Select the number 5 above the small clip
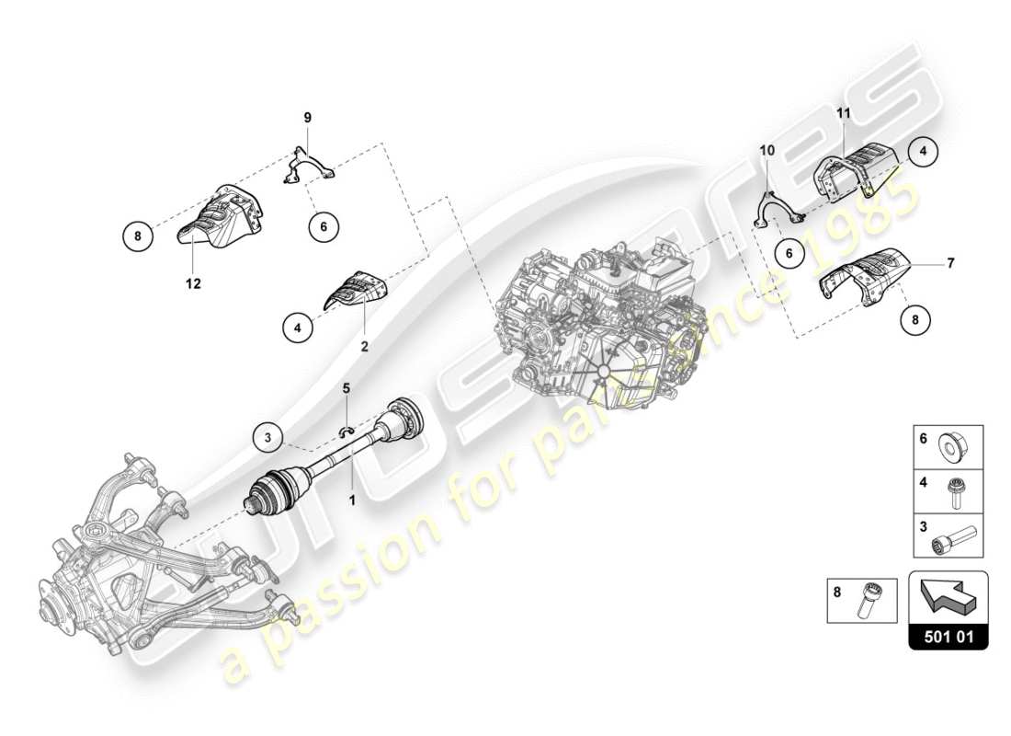(x=346, y=388)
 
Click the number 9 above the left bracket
(x=308, y=117)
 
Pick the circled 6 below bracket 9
(x=324, y=224)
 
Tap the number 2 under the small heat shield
(x=364, y=347)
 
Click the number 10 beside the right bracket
(x=767, y=149)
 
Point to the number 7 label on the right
(x=950, y=264)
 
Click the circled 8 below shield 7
(x=914, y=320)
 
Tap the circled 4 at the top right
(x=925, y=150)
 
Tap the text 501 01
(x=948, y=635)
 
